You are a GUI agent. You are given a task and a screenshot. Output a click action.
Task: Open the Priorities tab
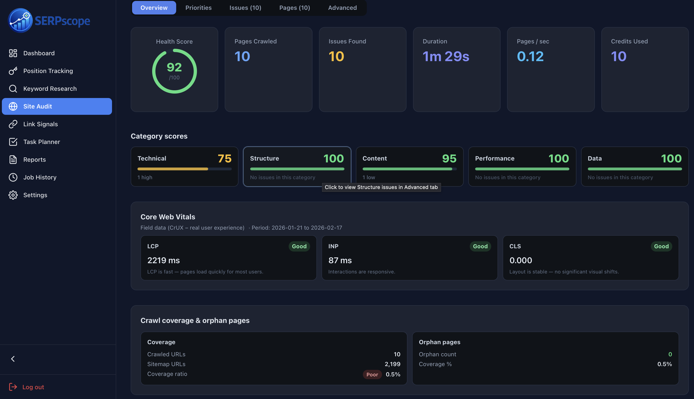pos(198,8)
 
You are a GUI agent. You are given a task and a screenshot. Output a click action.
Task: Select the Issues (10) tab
pos(245,8)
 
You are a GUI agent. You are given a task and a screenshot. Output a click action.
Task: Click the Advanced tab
pos(342,8)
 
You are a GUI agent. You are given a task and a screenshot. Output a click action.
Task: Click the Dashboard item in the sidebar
pos(39,53)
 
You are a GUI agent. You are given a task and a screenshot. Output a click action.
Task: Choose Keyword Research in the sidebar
pos(50,88)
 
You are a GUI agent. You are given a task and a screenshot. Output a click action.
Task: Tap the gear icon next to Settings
pos(13,195)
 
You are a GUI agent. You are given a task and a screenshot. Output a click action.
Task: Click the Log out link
pos(33,387)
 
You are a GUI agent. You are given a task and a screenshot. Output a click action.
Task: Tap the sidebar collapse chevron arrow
pos(13,359)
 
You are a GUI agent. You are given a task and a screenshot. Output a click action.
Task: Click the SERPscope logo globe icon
pos(20,21)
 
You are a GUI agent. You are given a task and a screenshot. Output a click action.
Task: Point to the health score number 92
pos(174,67)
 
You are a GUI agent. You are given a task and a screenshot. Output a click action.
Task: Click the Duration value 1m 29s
pos(446,56)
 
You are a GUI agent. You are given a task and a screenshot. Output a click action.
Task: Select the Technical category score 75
pos(224,158)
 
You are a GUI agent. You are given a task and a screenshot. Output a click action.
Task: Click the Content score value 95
pos(449,158)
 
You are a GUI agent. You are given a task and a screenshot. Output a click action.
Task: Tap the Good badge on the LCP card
pos(299,246)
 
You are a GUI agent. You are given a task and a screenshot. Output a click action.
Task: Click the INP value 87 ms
pos(340,260)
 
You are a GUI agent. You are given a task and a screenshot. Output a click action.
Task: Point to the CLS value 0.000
pos(521,260)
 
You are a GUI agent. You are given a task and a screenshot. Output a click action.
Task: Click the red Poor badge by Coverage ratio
pos(372,374)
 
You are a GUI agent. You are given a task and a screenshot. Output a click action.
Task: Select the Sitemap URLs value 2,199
pos(392,364)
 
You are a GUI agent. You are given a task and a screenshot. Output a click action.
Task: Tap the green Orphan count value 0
pos(670,354)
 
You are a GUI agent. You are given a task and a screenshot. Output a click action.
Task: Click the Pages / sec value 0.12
pos(530,56)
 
